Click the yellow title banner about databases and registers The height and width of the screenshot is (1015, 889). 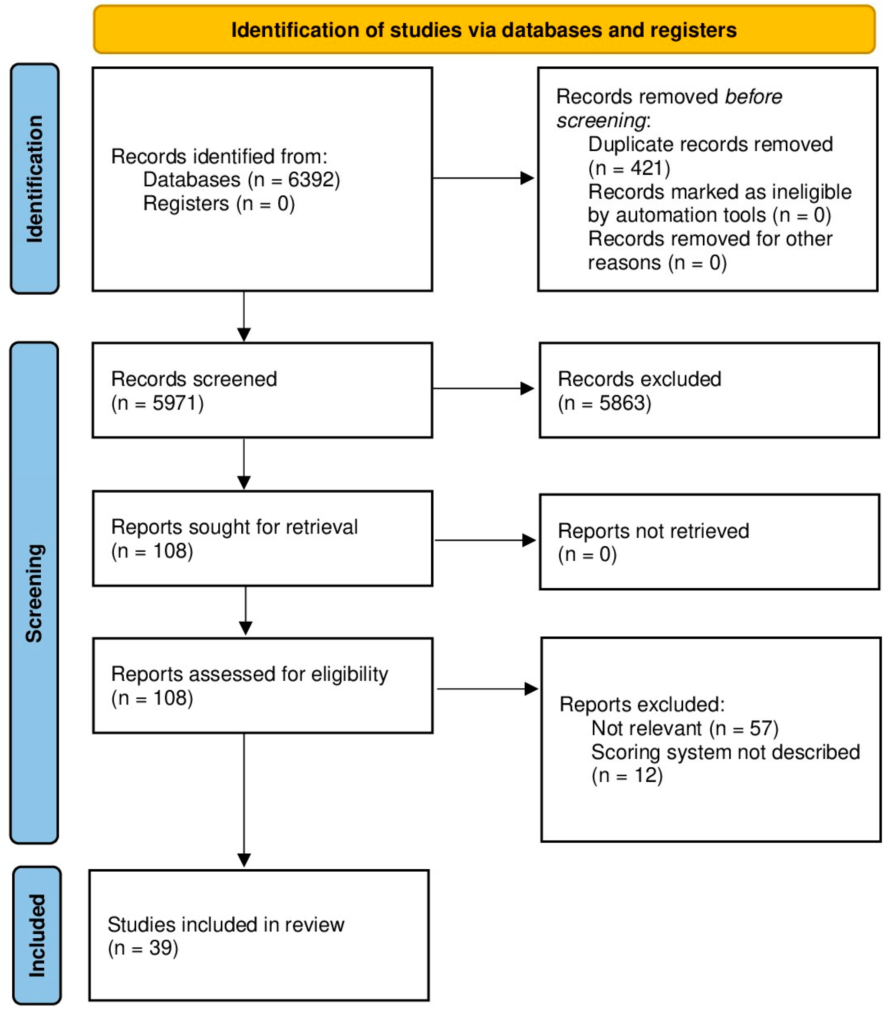[x=484, y=30]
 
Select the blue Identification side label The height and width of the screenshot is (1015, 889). [x=35, y=178]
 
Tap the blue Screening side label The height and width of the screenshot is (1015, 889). [x=34, y=593]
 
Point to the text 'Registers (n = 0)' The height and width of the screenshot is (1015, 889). [x=219, y=204]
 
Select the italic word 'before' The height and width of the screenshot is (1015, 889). [x=753, y=97]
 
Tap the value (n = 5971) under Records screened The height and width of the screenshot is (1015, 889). [x=157, y=403]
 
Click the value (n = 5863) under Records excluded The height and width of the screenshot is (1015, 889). [x=604, y=403]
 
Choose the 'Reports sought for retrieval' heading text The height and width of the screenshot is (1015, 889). [x=234, y=527]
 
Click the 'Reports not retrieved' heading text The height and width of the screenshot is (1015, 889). [x=653, y=531]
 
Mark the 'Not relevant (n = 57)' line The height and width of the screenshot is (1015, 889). [x=685, y=729]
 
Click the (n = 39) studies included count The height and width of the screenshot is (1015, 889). [x=143, y=948]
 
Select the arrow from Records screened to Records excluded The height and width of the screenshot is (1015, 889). [x=484, y=389]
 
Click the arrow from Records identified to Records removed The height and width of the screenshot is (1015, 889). [x=484, y=178]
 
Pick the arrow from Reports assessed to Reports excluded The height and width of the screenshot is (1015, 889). [x=487, y=689]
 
